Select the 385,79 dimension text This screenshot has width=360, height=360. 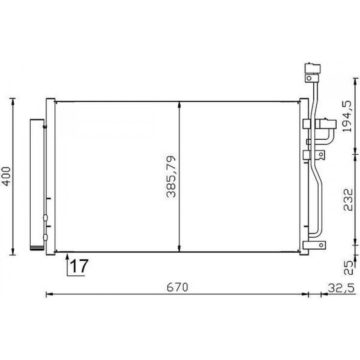[x=172, y=177]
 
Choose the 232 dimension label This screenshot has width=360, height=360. [x=348, y=199]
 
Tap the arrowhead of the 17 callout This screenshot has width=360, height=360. [x=67, y=257]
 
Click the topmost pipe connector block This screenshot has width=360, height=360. [x=312, y=69]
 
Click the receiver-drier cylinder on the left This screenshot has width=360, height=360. [x=37, y=184]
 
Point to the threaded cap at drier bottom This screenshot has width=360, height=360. [x=37, y=248]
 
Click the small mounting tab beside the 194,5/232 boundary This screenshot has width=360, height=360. [x=320, y=155]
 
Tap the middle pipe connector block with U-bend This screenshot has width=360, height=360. [x=325, y=124]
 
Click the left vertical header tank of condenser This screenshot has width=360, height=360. [x=50, y=176]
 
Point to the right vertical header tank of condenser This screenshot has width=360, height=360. [x=304, y=176]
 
